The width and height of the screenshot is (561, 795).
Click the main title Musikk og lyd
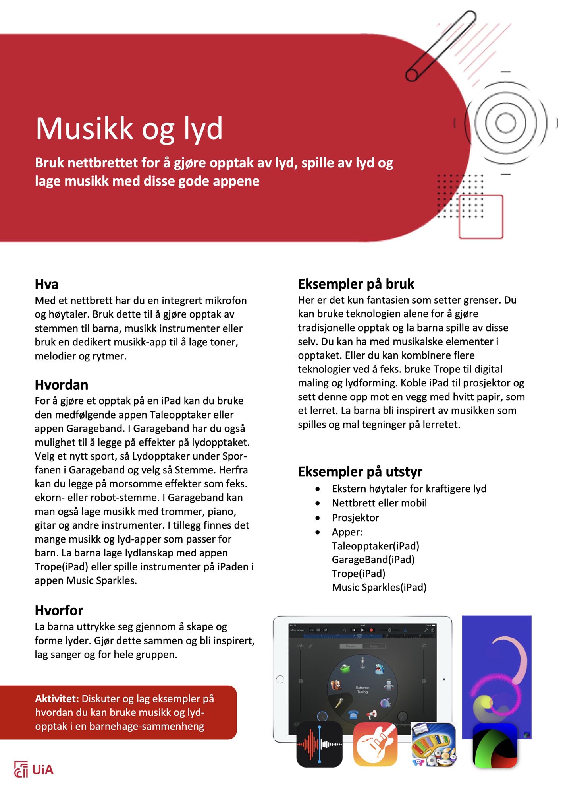click(x=129, y=128)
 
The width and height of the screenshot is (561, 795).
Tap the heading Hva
click(x=46, y=284)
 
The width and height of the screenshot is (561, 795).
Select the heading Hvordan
click(x=61, y=385)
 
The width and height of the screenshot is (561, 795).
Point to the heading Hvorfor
click(x=59, y=610)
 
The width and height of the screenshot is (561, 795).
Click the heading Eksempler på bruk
click(x=356, y=284)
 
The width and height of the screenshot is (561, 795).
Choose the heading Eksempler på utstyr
click(x=360, y=471)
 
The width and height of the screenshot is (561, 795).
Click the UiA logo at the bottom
click(x=34, y=770)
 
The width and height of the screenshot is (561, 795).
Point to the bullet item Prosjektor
click(x=355, y=518)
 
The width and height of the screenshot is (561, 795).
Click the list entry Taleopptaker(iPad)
click(x=375, y=546)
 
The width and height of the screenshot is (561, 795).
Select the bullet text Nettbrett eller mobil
click(x=379, y=503)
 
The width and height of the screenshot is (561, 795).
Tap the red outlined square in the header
click(x=480, y=217)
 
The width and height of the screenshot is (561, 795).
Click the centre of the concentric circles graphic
click(x=505, y=122)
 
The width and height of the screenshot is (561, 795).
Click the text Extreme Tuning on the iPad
click(x=362, y=690)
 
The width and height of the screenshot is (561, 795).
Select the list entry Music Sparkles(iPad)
click(x=379, y=587)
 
